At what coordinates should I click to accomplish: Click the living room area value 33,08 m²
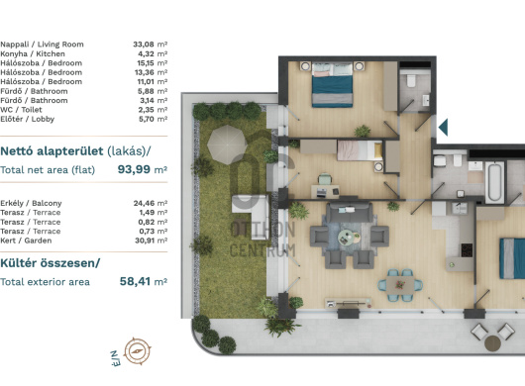pyautogui.click(x=150, y=45)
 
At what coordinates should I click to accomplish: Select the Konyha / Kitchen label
pyautogui.click(x=33, y=53)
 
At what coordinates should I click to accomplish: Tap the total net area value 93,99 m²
pyautogui.click(x=143, y=169)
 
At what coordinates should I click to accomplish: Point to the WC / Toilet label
pyautogui.click(x=21, y=110)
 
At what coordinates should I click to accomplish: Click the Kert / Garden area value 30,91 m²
pyautogui.click(x=151, y=241)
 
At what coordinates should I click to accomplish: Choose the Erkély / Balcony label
pyautogui.click(x=31, y=203)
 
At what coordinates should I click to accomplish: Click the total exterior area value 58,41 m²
pyautogui.click(x=144, y=281)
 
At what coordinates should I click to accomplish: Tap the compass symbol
pyautogui.click(x=138, y=351)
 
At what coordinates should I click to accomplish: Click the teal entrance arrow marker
pyautogui.click(x=443, y=127)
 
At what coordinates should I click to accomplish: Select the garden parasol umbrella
pyautogui.click(x=227, y=145)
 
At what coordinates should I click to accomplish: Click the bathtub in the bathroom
pyautogui.click(x=494, y=182)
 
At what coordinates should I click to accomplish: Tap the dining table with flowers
pyautogui.click(x=399, y=285)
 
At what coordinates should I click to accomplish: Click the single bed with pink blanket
pyautogui.click(x=360, y=150)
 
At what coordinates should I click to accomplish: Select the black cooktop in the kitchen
pyautogui.click(x=467, y=249)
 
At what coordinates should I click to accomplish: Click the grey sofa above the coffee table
pyautogui.click(x=350, y=212)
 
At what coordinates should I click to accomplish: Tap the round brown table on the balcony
pyautogui.click(x=492, y=343)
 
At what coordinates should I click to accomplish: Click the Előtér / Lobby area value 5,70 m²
pyautogui.click(x=153, y=119)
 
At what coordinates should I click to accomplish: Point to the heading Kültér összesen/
pyautogui.click(x=51, y=263)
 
